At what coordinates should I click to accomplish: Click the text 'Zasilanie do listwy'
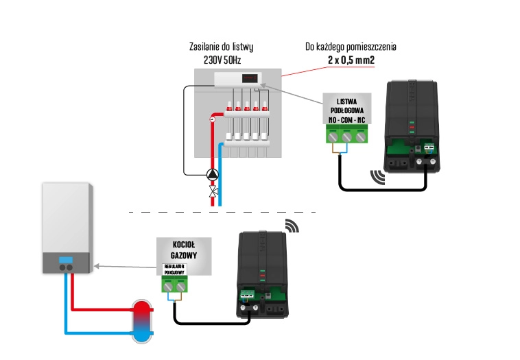pos(222,47)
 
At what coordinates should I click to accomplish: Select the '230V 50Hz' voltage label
pos(222,60)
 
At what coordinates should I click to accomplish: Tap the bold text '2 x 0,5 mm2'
pos(351,60)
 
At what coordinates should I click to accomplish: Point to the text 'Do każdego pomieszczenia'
pos(351,47)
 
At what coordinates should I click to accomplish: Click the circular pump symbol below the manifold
pos(213,174)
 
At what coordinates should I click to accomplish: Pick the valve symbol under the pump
pos(213,190)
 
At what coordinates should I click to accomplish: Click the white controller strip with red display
pos(241,80)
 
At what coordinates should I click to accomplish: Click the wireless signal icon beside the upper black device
pos(378,177)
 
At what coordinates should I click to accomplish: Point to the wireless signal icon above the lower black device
pos(292,226)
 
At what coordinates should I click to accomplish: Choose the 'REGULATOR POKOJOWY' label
pos(174,269)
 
